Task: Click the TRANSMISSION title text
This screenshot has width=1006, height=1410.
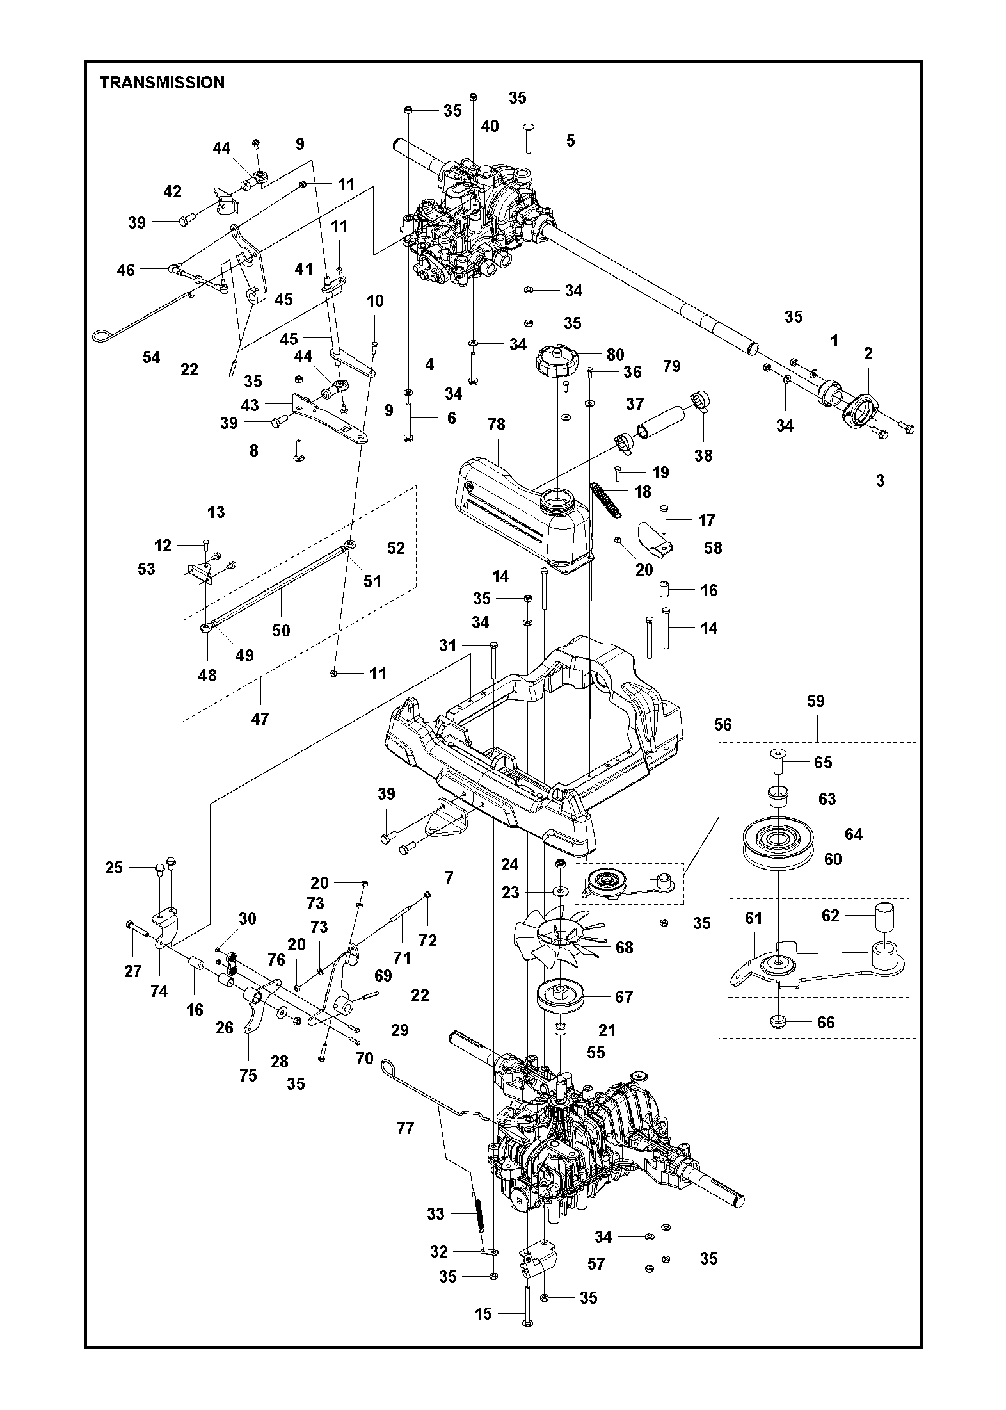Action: [x=162, y=83]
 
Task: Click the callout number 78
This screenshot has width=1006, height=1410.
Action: [x=497, y=425]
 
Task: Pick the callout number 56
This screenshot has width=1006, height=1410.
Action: [x=723, y=724]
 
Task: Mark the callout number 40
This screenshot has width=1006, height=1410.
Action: [x=490, y=126]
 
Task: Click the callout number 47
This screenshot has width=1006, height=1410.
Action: [x=260, y=719]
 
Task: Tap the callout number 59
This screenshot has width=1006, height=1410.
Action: [x=815, y=701]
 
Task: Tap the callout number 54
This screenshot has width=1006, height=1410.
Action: [x=152, y=357]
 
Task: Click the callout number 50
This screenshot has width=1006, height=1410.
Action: [x=281, y=631]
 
